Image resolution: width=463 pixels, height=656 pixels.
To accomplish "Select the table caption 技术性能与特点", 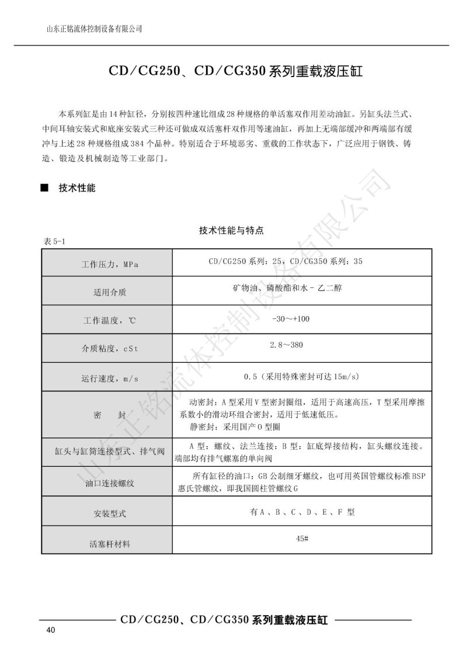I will tap(232, 231).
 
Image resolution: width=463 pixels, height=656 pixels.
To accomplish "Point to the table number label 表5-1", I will tap(57, 242).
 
